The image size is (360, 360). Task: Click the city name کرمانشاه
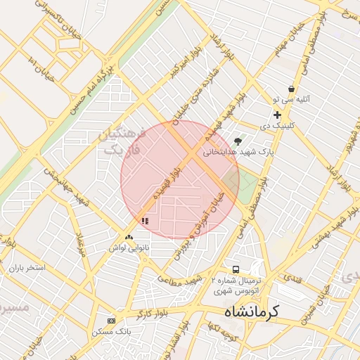pos(251,311)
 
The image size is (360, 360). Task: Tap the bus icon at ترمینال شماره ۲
pos(236,269)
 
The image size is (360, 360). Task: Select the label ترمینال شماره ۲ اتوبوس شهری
pos(236,284)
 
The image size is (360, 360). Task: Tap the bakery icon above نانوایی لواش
pos(128,238)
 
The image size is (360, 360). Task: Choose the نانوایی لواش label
pos(127,248)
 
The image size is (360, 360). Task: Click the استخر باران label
pos(27,269)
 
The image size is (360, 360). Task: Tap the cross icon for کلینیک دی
pos(277,115)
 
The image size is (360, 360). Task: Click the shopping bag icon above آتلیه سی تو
pos(291,89)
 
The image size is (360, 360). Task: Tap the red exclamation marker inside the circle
pos(145,221)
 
